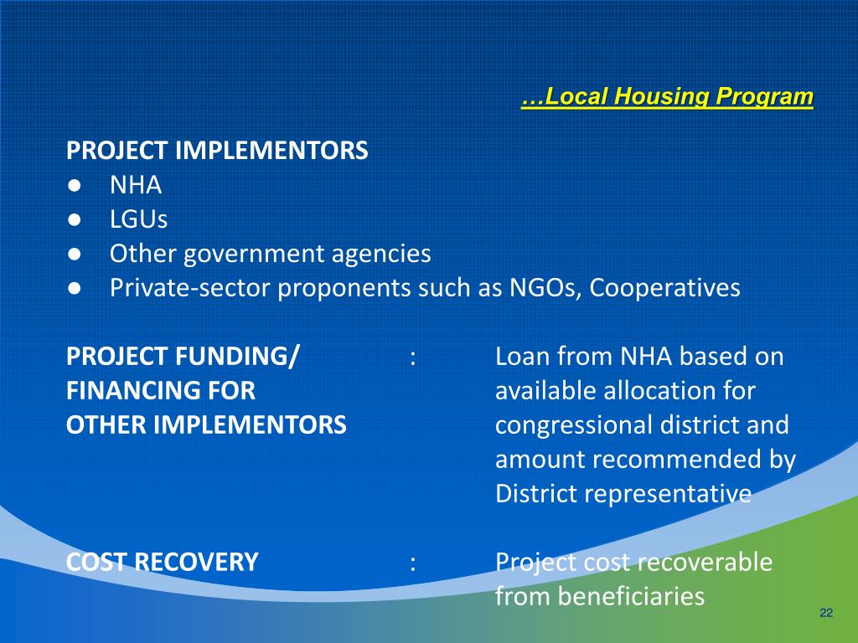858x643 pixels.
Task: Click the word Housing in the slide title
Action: tap(662, 97)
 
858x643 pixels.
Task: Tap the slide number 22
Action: tap(826, 615)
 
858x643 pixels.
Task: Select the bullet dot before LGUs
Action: tap(74, 219)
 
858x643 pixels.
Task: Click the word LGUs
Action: tap(138, 219)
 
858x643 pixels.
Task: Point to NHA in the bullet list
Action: tap(136, 185)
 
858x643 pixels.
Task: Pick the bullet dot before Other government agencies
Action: tap(74, 254)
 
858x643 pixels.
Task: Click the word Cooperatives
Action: tap(665, 288)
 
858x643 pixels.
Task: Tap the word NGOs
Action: tap(545, 288)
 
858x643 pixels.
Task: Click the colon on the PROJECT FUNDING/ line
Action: tap(413, 358)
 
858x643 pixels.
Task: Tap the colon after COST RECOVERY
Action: tap(413, 563)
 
